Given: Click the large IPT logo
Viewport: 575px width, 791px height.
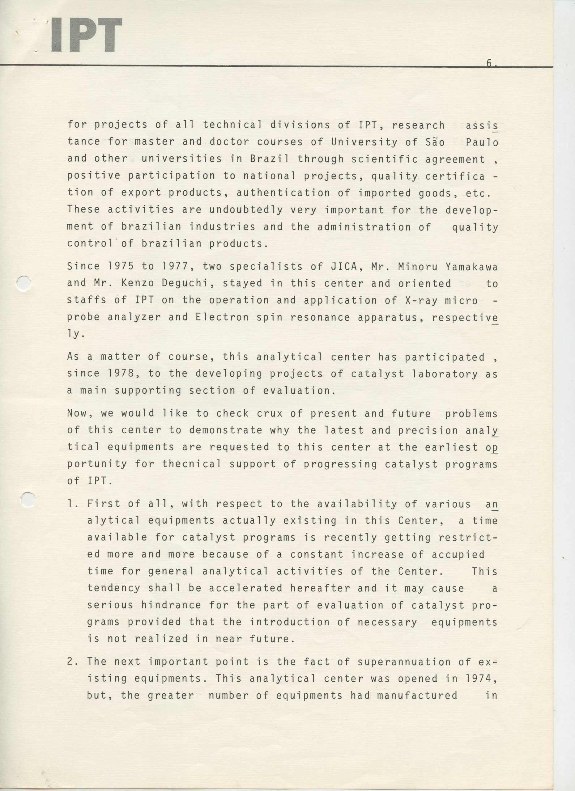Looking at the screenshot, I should pos(86,35).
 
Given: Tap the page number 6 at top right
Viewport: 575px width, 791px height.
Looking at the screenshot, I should pos(489,63).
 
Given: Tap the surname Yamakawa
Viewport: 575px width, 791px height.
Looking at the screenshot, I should pos(471,267).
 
